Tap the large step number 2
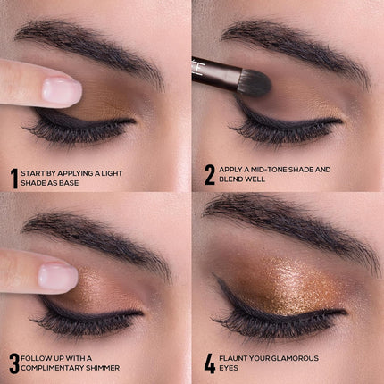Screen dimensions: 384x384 209,174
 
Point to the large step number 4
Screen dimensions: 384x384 210,363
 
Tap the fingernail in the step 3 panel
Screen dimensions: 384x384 57,276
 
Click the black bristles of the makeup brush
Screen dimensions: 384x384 254,82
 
